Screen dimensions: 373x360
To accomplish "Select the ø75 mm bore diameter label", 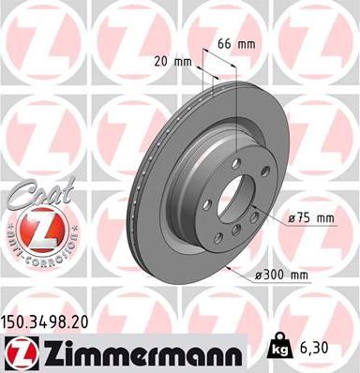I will click(x=312, y=218).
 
